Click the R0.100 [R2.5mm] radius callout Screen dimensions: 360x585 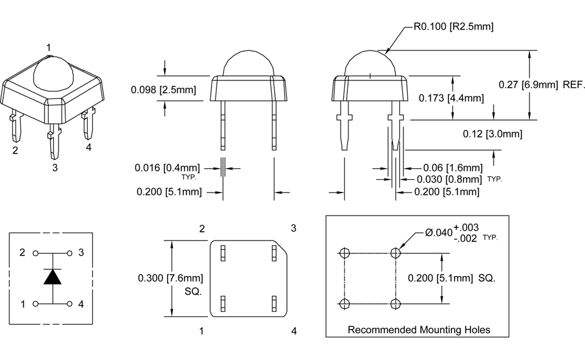[x=453, y=26]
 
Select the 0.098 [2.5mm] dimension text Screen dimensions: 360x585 [x=163, y=90]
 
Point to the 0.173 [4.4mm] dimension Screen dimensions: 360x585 [x=451, y=97]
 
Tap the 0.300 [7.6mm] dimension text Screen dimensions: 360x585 [x=170, y=278]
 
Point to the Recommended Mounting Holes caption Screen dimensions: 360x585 [x=419, y=330]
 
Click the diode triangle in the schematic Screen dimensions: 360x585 [x=52, y=277]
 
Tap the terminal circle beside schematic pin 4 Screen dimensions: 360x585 [x=70, y=303]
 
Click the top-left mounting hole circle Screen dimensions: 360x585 [x=345, y=252]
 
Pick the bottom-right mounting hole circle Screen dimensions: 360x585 [x=397, y=303]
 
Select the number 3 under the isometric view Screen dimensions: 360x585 [x=55, y=168]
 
